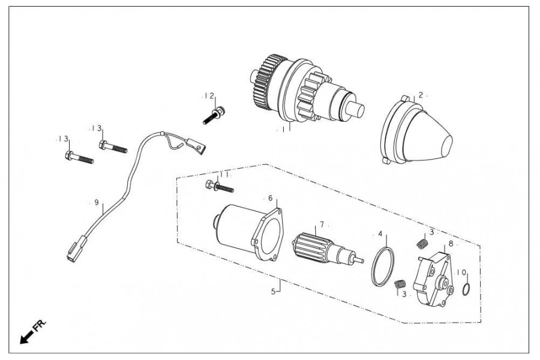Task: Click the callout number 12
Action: coord(210,96)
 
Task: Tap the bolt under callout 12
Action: coord(214,115)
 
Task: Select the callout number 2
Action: coord(421,95)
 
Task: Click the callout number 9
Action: coord(97,202)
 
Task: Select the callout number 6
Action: coord(271,198)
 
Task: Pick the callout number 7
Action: coord(322,224)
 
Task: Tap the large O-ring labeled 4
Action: coord(383,266)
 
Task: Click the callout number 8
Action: coord(451,244)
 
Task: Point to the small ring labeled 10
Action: coord(466,289)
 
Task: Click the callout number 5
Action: coord(273,292)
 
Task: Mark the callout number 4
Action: coord(380,233)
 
